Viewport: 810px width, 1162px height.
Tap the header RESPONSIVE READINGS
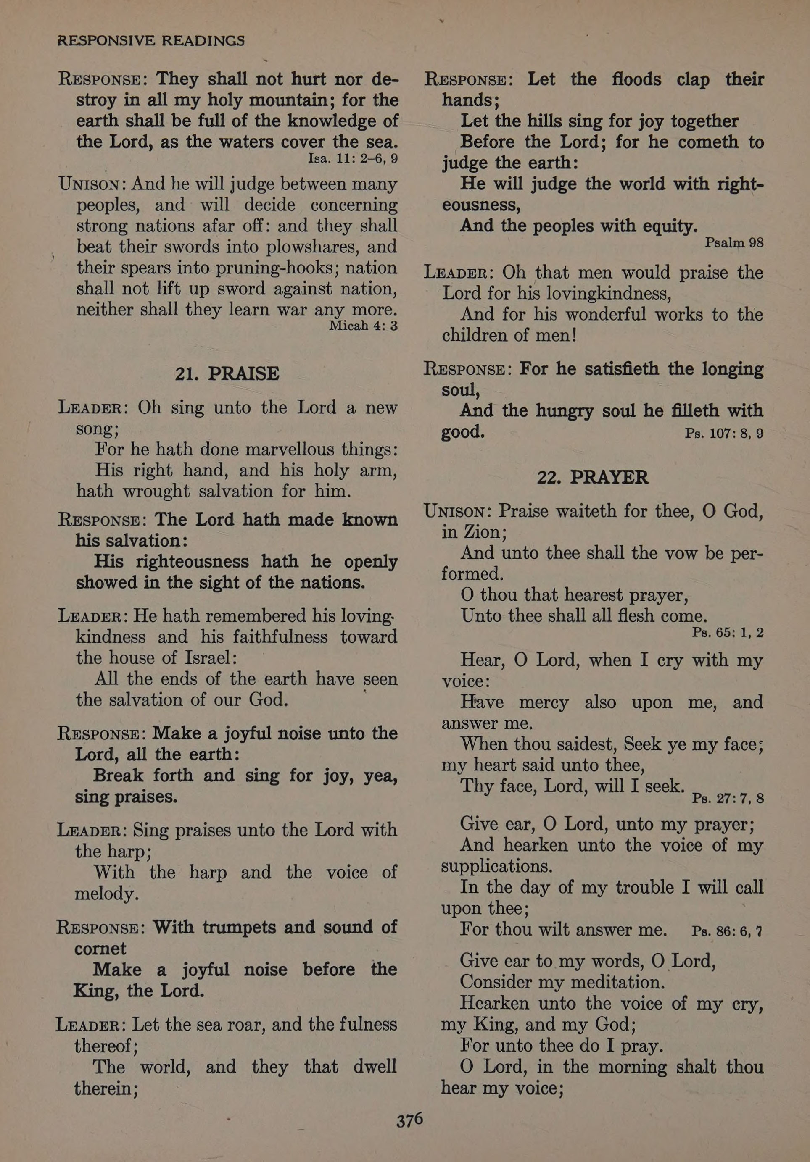click(151, 40)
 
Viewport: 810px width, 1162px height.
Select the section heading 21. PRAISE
click(227, 373)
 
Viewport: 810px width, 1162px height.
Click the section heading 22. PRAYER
click(592, 477)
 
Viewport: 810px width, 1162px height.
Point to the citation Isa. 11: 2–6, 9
click(353, 158)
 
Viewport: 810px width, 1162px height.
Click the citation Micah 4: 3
click(363, 326)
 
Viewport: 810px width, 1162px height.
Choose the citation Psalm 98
click(734, 243)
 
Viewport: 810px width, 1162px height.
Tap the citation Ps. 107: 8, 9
click(724, 433)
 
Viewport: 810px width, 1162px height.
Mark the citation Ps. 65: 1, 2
click(728, 633)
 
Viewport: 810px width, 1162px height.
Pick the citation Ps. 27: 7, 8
click(728, 798)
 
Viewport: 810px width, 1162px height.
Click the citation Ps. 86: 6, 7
click(726, 931)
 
